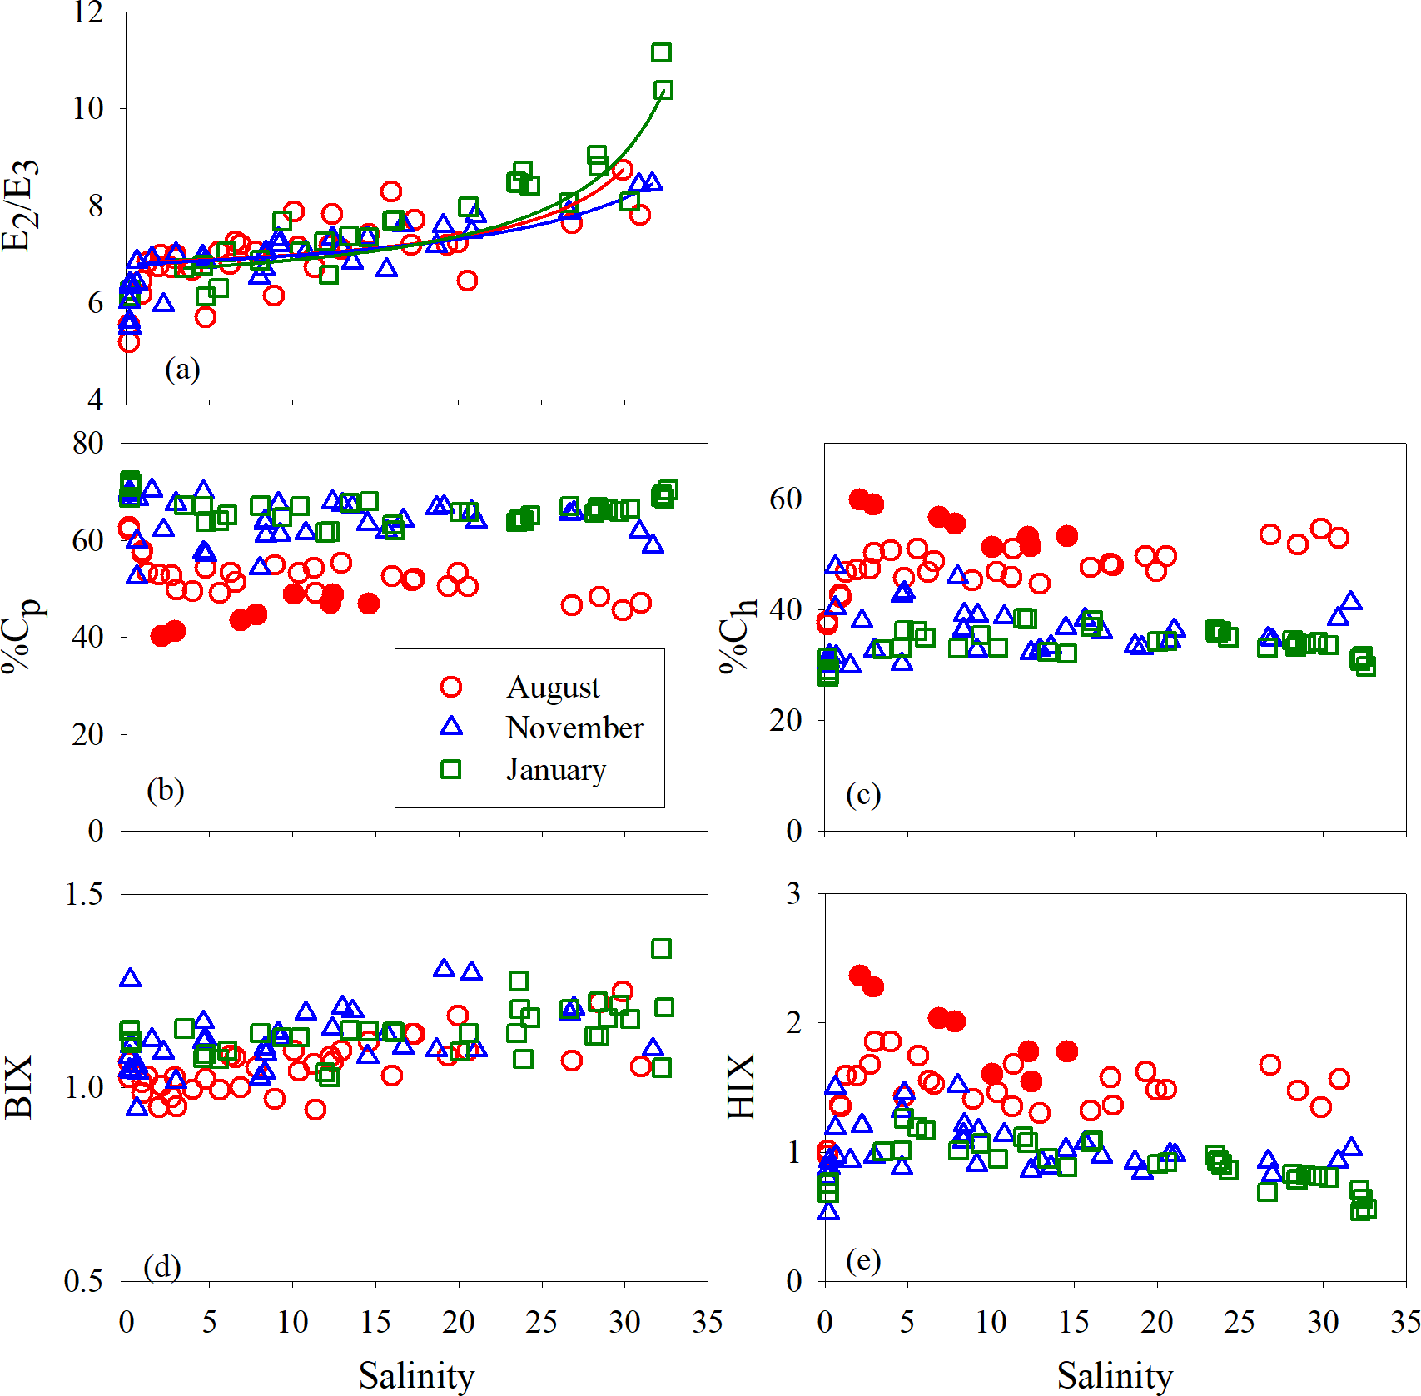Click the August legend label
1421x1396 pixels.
553,688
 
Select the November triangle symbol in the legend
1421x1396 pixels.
451,726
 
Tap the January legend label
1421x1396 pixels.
555,769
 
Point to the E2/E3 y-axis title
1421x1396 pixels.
20,205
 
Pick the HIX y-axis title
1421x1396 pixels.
741,1086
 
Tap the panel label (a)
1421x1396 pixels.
182,368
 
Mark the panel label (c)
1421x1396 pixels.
863,794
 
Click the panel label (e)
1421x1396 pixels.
863,1260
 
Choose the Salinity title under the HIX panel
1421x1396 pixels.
1115,1374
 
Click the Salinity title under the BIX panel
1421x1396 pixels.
416,1374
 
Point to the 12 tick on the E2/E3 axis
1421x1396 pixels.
87,12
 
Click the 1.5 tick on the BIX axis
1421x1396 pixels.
83,894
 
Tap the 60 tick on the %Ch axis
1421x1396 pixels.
785,499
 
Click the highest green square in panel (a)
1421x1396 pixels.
662,52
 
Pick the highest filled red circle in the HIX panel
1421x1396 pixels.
860,975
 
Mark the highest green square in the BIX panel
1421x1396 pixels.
662,948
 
